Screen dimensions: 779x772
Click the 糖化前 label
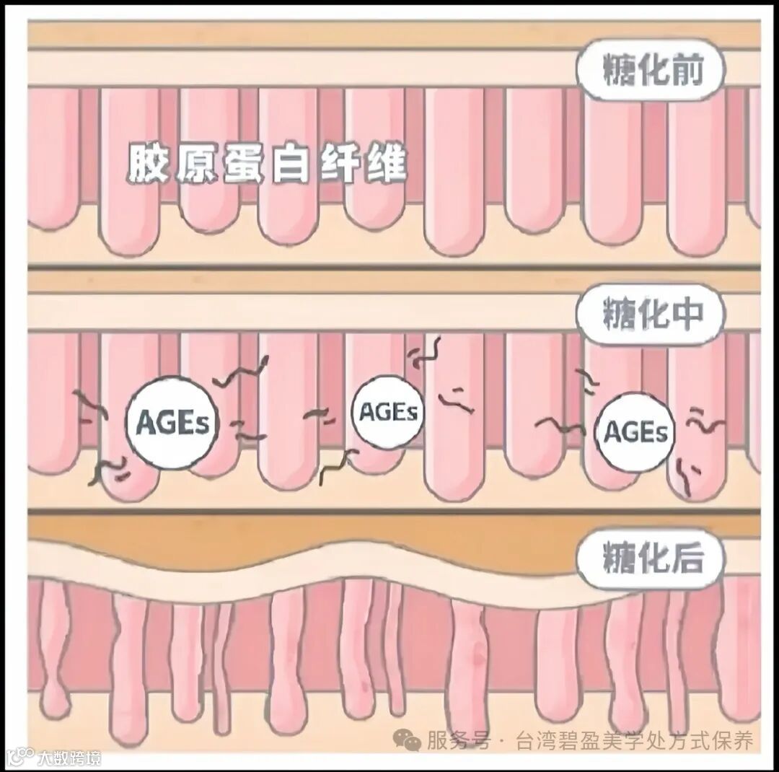point(651,71)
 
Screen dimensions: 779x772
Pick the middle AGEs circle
point(388,412)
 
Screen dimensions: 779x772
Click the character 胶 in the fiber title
point(146,165)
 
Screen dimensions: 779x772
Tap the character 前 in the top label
point(685,71)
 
